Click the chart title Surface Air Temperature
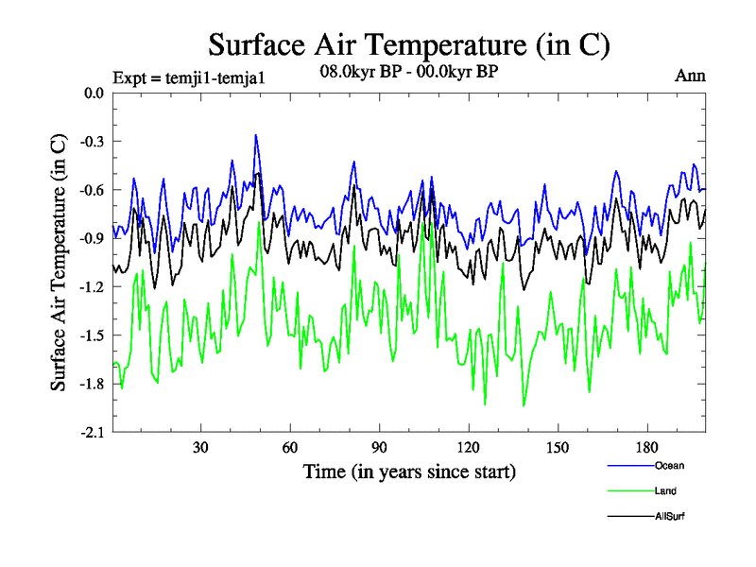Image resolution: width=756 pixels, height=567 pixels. pos(409,44)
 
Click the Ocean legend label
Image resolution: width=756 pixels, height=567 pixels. pos(669,465)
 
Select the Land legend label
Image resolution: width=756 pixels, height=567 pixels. pos(665,490)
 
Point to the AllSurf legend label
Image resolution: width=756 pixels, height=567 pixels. pos(669,516)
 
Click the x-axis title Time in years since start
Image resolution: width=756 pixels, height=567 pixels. pos(409,470)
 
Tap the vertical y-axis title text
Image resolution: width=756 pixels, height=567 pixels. pos(59,262)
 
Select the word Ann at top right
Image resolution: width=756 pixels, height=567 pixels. pos(689,75)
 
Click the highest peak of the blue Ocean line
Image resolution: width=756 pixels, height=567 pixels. pos(255,135)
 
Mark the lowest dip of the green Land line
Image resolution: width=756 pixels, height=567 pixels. pos(524,405)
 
